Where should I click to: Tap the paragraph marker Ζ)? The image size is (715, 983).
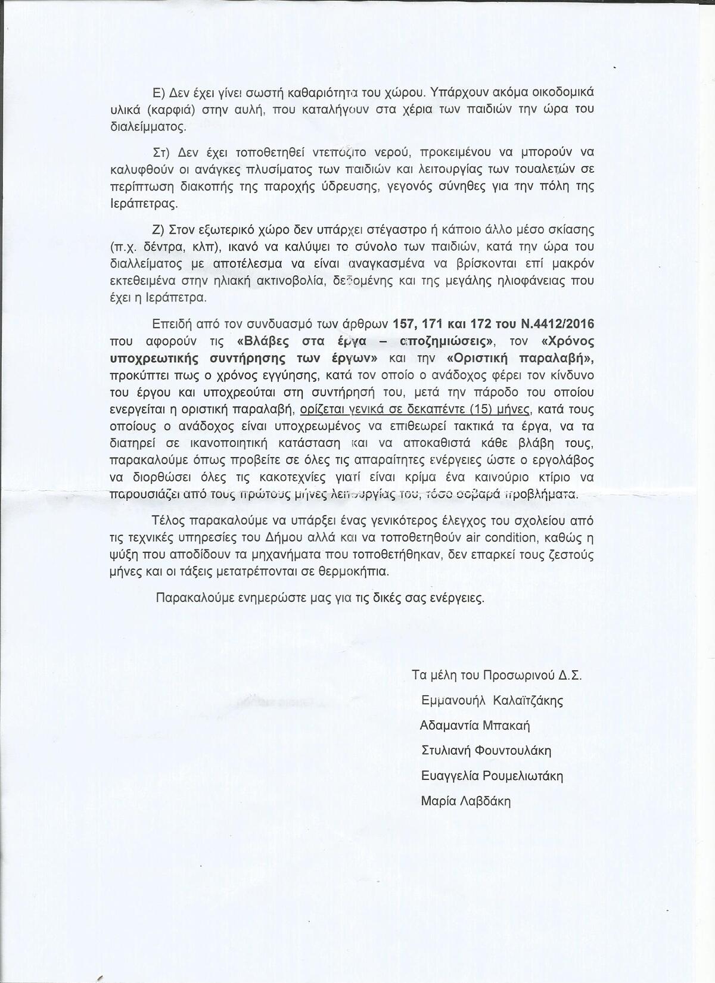pyautogui.click(x=159, y=229)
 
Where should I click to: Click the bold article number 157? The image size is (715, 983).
pyautogui.click(x=405, y=324)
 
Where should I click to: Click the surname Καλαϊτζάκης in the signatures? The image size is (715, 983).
pyautogui.click(x=528, y=701)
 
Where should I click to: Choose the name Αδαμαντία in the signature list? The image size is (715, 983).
pyautogui.click(x=450, y=726)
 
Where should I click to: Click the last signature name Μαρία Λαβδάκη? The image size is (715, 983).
pyautogui.click(x=465, y=801)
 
